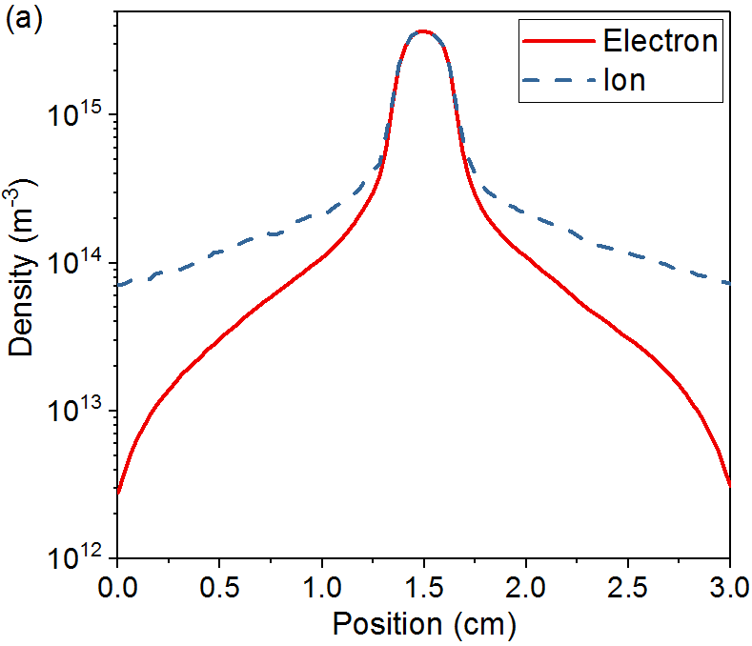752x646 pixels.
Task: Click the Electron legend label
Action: (x=660, y=41)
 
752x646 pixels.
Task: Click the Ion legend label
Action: (x=624, y=81)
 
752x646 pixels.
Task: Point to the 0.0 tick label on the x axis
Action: (x=117, y=583)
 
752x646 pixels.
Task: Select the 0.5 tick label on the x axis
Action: (x=219, y=583)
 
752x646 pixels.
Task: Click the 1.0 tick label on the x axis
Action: (x=321, y=583)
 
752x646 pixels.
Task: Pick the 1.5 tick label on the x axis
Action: (x=423, y=583)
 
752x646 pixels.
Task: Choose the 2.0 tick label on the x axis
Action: (x=525, y=583)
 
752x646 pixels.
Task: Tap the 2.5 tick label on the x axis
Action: (x=627, y=583)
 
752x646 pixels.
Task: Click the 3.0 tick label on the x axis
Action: (x=729, y=583)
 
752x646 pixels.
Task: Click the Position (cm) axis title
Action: (x=423, y=624)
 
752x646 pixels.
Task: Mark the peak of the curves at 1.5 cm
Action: (x=423, y=31)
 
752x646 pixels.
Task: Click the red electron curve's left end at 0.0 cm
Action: (x=117, y=493)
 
